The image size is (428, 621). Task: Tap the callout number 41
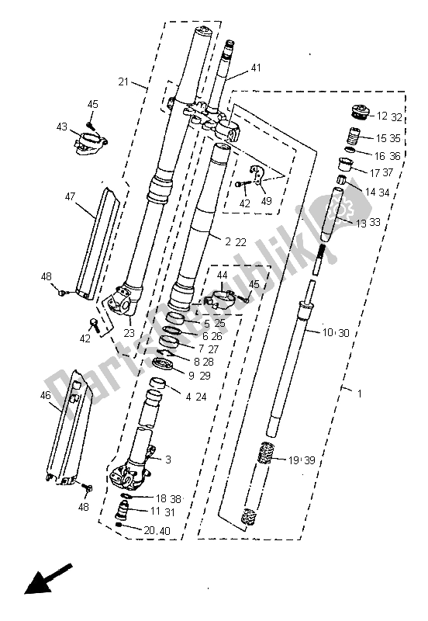tap(256, 68)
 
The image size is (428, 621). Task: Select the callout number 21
tap(123, 82)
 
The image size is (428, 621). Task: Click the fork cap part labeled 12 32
tap(361, 111)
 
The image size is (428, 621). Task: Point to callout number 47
tap(70, 196)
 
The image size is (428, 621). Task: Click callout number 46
tap(46, 395)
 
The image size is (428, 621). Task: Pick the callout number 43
tap(62, 127)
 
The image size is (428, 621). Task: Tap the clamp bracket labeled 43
tap(91, 144)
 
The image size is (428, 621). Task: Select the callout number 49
tap(266, 201)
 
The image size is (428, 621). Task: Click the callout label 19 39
tap(302, 460)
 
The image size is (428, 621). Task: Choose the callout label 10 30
tap(337, 333)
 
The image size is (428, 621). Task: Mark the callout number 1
tap(359, 394)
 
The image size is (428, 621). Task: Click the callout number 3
tap(168, 460)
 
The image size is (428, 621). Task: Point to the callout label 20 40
tap(157, 530)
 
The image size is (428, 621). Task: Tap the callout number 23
tap(129, 333)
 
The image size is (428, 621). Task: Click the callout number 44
tap(222, 275)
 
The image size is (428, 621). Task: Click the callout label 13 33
tap(368, 223)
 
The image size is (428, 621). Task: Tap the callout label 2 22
tap(236, 241)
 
